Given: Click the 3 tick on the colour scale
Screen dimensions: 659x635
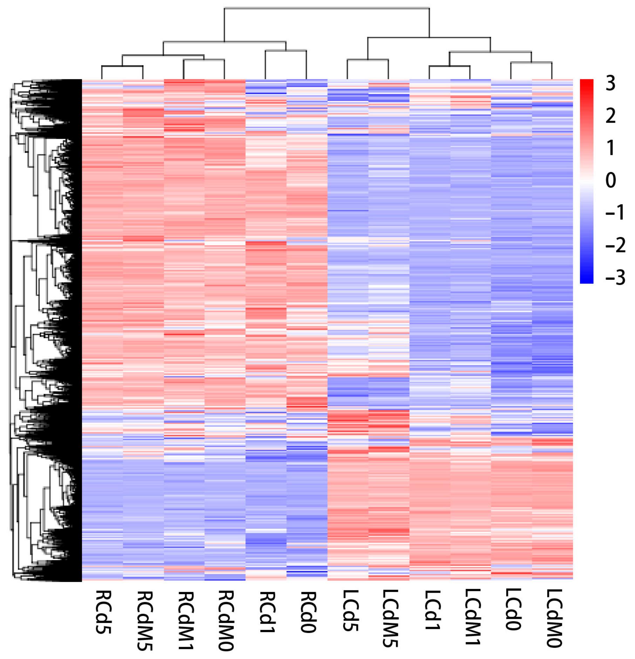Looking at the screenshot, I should [x=610, y=83].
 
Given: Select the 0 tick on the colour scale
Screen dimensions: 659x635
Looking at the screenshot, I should [x=610, y=180].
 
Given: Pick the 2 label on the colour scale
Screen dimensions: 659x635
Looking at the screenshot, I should [x=610, y=116].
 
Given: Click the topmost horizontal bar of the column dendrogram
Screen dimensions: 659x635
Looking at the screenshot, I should [x=326, y=8].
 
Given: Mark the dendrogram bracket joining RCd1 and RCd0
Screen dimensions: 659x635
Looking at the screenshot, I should [x=286, y=51].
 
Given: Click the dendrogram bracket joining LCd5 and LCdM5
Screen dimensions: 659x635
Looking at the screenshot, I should [x=367, y=60].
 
